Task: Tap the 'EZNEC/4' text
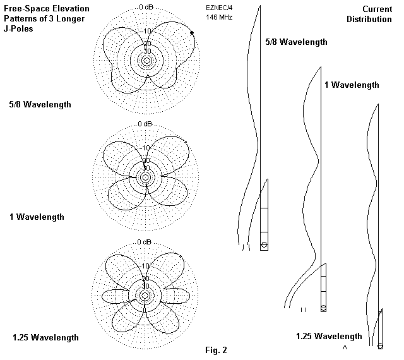pos(218,8)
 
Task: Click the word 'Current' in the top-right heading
pos(377,9)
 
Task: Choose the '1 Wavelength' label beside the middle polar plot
pos(37,217)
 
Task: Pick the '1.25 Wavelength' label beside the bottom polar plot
pos(45,337)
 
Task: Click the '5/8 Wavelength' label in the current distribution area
pos(297,42)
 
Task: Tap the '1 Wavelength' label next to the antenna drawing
pos(352,85)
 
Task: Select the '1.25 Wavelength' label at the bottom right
pos(329,336)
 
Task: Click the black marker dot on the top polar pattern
pos(192,42)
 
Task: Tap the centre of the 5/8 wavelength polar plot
pos(146,61)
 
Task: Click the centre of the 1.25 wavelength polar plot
pos(145,296)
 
